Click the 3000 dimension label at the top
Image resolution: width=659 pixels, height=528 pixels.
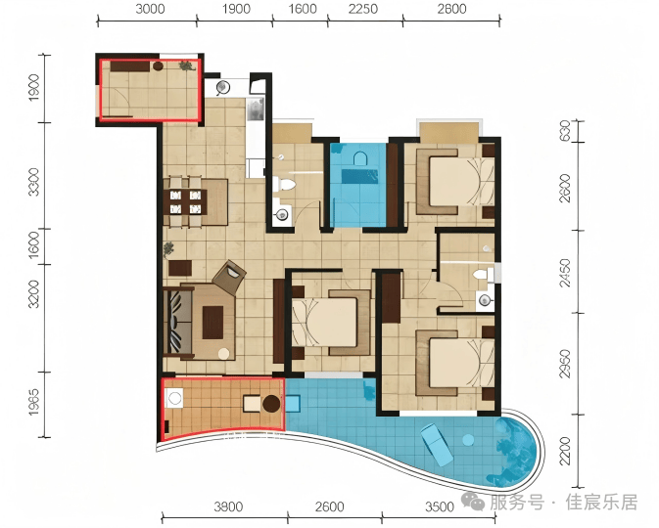[x=150, y=9]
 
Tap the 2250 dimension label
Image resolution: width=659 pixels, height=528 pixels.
[x=363, y=9]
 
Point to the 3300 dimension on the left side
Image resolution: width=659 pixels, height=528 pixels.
[x=33, y=182]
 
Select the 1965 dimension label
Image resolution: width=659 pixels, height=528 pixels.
[x=33, y=402]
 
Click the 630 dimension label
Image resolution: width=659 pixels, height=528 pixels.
[x=565, y=130]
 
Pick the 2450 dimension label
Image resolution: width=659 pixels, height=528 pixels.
[x=565, y=273]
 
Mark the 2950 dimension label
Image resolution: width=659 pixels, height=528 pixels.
[x=565, y=364]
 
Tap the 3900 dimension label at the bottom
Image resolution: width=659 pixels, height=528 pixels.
[x=228, y=506]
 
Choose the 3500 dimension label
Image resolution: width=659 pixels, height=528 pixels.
[x=440, y=506]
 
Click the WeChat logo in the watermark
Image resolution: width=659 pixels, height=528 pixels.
[x=473, y=501]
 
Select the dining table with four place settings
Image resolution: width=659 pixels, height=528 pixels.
[x=185, y=201]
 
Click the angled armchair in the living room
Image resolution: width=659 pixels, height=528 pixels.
[x=229, y=277]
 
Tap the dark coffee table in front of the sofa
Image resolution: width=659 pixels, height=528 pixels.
[x=212, y=323]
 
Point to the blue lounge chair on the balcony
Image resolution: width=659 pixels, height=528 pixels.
[x=438, y=445]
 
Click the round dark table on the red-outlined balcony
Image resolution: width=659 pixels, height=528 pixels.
[x=271, y=404]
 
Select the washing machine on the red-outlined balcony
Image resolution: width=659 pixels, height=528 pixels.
[x=174, y=398]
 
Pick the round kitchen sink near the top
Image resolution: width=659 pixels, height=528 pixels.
[x=222, y=87]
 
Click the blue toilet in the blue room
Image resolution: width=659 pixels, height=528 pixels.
[x=359, y=159]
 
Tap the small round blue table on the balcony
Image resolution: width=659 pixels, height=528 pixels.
[x=468, y=440]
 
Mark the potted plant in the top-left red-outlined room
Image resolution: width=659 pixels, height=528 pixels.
[x=185, y=66]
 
